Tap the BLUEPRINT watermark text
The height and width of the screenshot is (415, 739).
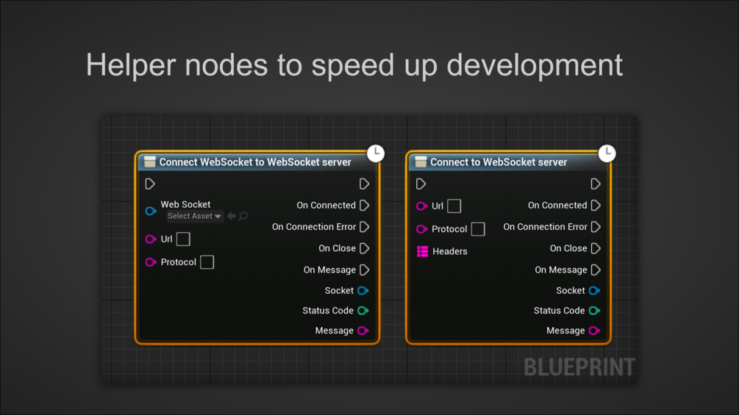579,367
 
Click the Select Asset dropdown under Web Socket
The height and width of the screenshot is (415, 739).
194,217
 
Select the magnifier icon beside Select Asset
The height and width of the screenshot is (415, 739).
243,217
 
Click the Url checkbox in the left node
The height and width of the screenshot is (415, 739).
183,239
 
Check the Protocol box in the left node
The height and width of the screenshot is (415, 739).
207,262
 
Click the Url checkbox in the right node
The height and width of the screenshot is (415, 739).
454,206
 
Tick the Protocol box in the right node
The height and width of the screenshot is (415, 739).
478,229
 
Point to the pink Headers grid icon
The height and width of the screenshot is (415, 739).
422,251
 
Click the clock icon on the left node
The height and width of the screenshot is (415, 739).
376,153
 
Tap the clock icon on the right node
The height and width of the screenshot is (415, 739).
607,153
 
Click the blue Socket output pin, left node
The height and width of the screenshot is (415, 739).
363,291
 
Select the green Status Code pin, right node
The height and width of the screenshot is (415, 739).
593,311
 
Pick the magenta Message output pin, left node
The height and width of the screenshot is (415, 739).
363,331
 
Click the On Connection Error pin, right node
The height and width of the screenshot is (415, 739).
596,227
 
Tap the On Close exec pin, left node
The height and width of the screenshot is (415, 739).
364,248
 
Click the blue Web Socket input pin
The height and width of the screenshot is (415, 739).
151,211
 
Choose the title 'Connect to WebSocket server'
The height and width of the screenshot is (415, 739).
499,162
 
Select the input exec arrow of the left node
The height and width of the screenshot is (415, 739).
150,184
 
